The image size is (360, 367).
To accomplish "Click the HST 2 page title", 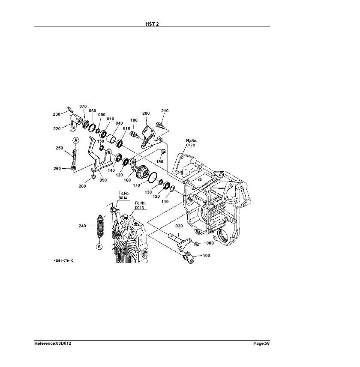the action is click(152, 24).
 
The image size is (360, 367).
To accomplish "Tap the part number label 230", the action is click(57, 114).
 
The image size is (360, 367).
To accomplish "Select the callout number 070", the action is click(83, 107).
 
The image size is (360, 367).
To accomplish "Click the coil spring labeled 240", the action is click(100, 227).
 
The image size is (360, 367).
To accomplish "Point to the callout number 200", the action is click(146, 113).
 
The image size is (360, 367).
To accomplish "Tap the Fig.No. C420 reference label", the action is click(191, 143).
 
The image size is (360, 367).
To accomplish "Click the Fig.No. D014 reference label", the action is click(123, 196).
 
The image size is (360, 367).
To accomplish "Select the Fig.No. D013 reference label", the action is click(140, 206).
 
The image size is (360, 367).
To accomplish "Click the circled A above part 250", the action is click(76, 140).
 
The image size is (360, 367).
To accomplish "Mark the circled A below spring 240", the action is click(99, 247).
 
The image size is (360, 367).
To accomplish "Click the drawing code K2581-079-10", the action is click(63, 260).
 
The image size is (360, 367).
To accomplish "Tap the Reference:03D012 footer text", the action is click(53, 343).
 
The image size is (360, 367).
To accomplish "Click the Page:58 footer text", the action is click(261, 343).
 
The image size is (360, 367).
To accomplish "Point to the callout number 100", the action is click(206, 256).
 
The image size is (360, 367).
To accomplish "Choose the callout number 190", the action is click(159, 162).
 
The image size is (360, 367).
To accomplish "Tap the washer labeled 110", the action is click(172, 188).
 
